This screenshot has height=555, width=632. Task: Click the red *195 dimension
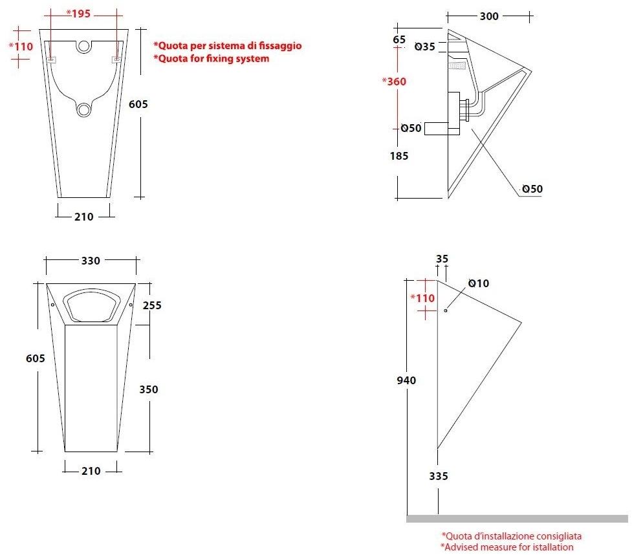pyautogui.click(x=80, y=13)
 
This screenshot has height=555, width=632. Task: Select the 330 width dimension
pyautogui.click(x=91, y=261)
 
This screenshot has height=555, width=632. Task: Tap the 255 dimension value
pyautogui.click(x=151, y=305)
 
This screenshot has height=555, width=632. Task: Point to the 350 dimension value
pyautogui.click(x=149, y=389)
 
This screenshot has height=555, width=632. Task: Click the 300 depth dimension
pyautogui.click(x=489, y=16)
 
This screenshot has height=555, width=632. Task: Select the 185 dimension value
pyautogui.click(x=398, y=156)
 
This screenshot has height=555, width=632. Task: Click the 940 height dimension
pyautogui.click(x=406, y=380)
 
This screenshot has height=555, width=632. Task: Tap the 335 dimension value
pyautogui.click(x=438, y=476)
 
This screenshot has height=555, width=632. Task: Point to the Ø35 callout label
pyautogui.click(x=424, y=47)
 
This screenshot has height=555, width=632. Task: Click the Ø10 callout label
pyautogui.click(x=479, y=283)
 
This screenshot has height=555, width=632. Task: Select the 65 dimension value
pyautogui.click(x=399, y=39)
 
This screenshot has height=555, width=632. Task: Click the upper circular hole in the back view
pyautogui.click(x=83, y=47)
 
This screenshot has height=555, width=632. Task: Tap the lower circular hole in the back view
pyautogui.click(x=83, y=109)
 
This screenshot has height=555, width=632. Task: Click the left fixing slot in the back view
pyautogui.click(x=50, y=60)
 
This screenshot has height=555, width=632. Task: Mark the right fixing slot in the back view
pyautogui.click(x=116, y=60)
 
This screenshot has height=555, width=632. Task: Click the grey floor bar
pyautogui.click(x=517, y=518)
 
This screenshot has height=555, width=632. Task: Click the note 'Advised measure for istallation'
pyautogui.click(x=507, y=547)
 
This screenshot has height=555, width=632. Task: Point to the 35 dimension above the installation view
pyautogui.click(x=442, y=259)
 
